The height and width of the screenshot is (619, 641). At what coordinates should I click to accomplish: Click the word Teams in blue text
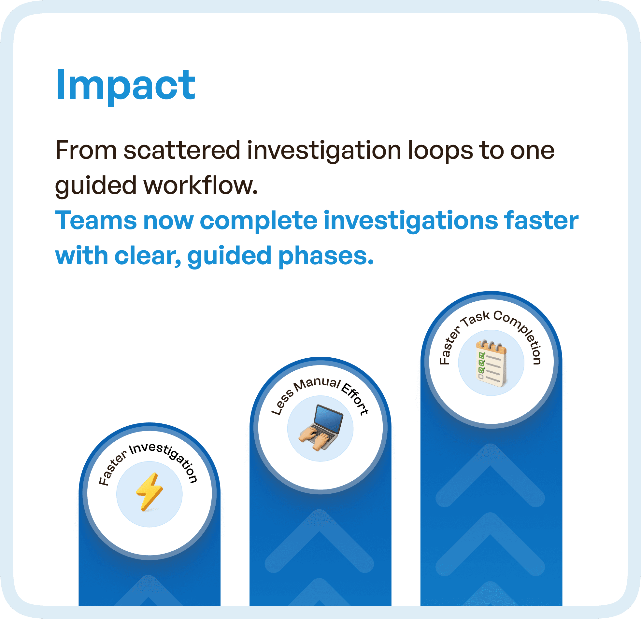[96, 220]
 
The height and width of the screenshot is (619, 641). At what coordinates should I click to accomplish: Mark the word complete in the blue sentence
[258, 220]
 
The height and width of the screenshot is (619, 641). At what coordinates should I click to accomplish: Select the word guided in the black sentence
[95, 186]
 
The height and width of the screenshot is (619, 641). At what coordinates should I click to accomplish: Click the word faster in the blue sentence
[541, 220]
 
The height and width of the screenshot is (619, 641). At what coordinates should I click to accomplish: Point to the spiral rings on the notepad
[491, 345]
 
